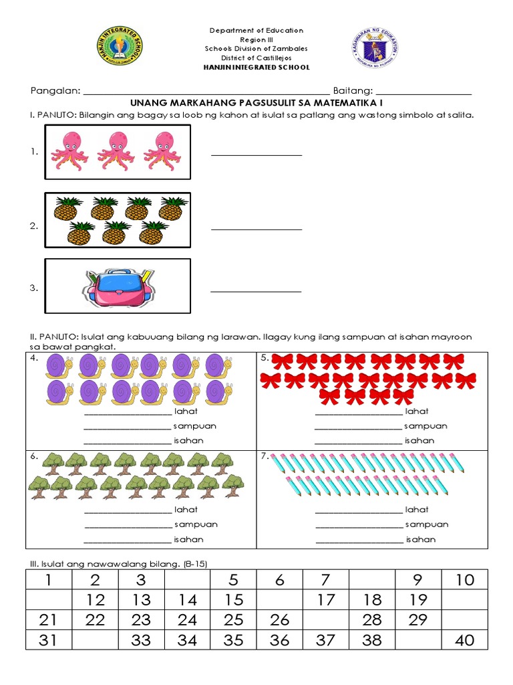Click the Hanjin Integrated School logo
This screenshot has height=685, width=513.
120,47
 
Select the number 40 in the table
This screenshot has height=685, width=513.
464,640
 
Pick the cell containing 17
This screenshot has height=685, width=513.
326,600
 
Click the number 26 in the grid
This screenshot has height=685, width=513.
280,620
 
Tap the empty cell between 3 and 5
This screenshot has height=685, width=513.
188,580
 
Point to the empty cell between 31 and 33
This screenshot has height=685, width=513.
96,640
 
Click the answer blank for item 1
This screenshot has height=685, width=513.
256,155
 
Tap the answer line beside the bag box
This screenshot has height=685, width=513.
256,291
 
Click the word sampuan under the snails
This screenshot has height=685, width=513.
195,426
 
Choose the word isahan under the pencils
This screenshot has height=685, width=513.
420,539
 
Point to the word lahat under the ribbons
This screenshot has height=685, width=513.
417,411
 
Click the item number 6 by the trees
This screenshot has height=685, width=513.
33,456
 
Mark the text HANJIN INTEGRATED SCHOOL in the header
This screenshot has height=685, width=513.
256,68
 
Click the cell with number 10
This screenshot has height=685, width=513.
464,580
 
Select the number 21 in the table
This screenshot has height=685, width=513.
48,620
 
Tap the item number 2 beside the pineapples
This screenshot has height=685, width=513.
33,227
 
